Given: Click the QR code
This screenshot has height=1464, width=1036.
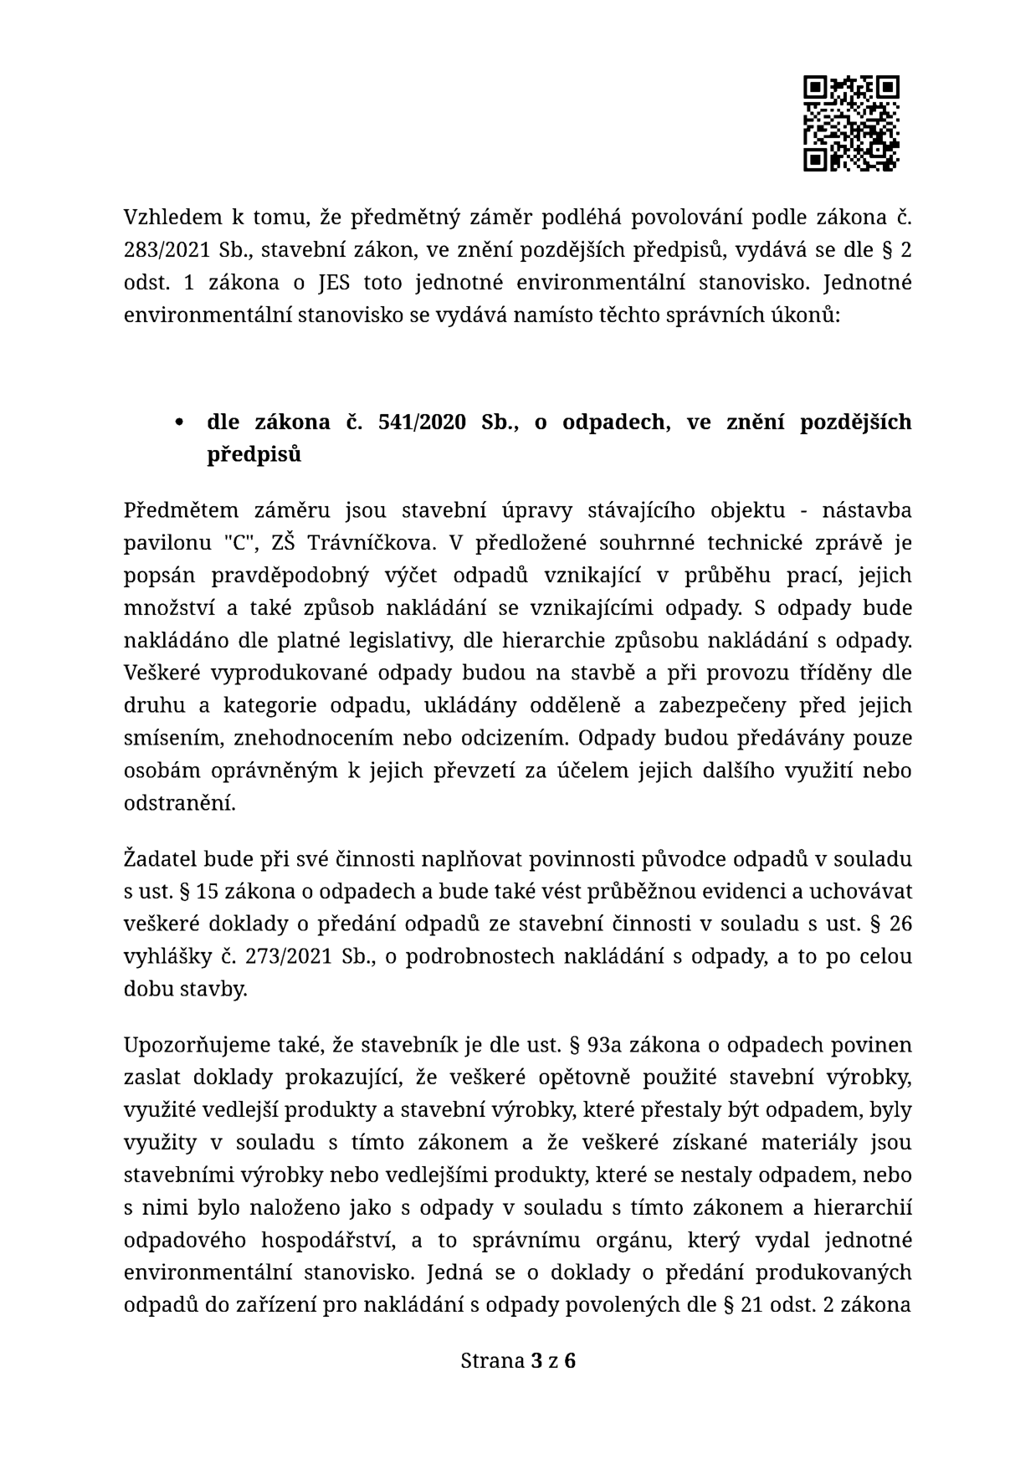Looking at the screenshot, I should point(851,124).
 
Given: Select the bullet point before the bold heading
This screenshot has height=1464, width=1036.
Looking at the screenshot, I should point(179,423).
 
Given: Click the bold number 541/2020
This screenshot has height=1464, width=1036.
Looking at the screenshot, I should point(422,422).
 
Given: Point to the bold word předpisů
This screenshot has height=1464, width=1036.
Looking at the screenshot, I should point(254,455).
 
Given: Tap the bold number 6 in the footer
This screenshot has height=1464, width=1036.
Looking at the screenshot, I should point(570,1361).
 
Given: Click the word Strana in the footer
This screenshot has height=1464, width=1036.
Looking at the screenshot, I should point(492,1361).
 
